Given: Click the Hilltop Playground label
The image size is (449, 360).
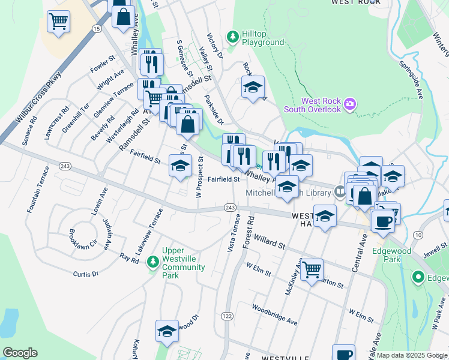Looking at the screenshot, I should [262, 38].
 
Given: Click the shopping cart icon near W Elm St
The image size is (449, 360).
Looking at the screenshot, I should [312, 270].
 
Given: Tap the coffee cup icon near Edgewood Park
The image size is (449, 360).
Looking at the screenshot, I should [382, 221].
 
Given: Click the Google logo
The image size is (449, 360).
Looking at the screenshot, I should [20, 353].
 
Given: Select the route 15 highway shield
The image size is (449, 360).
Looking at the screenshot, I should [96, 28].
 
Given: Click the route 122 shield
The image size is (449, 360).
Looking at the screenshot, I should [227, 316].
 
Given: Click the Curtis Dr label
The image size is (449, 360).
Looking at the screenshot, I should [85, 274].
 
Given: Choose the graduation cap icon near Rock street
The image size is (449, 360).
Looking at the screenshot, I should [253, 87].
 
